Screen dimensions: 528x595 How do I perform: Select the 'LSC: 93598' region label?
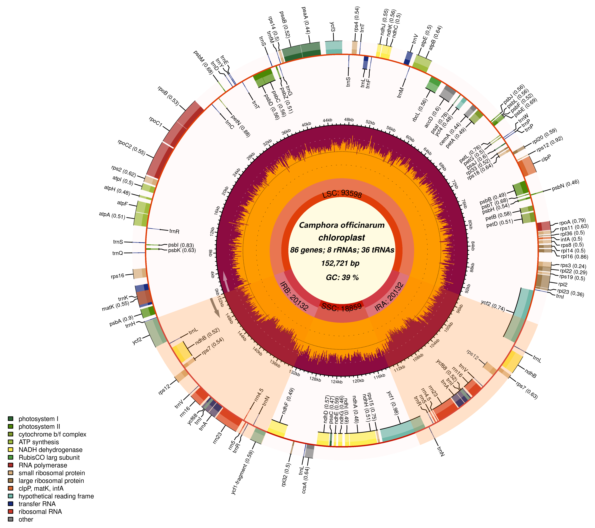pos(342,194)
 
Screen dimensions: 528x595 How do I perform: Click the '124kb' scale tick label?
pos(337,381)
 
